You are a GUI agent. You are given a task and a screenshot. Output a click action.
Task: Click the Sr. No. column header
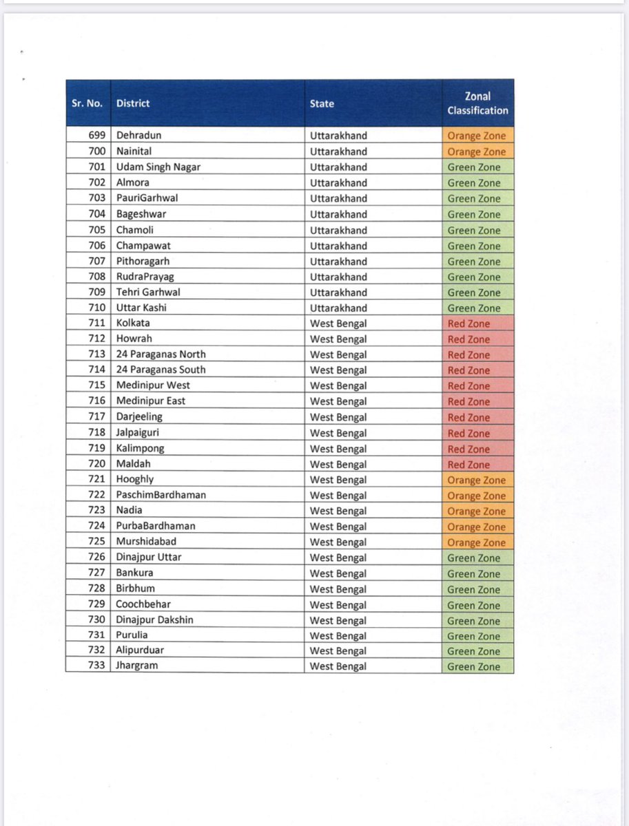[87, 103]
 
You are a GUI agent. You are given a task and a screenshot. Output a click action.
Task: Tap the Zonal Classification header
[477, 103]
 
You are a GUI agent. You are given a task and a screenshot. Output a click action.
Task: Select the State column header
[322, 103]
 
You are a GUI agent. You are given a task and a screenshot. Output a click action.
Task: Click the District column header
[133, 103]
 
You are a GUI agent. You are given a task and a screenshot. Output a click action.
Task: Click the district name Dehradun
[138, 136]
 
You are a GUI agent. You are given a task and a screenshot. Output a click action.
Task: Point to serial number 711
[96, 323]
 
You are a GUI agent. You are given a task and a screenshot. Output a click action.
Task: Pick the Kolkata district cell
[133, 323]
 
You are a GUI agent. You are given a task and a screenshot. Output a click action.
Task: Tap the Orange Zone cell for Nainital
[477, 151]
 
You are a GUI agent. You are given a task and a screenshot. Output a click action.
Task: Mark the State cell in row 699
[338, 136]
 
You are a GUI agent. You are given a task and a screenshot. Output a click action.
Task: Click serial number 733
[96, 665]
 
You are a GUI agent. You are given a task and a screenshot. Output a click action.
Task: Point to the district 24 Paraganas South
[161, 370]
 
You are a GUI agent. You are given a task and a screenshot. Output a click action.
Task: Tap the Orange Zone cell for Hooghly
[477, 480]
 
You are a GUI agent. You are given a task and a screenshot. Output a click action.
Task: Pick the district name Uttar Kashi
[141, 308]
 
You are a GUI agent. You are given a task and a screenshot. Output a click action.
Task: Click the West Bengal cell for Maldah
[338, 465]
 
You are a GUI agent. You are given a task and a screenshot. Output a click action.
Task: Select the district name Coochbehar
[144, 604]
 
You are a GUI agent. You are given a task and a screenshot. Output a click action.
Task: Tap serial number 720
[96, 463]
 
